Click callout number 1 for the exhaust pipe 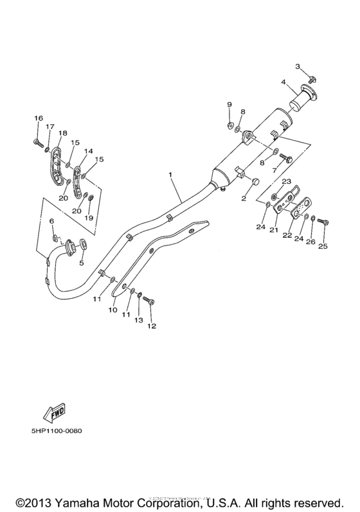(x=171, y=175)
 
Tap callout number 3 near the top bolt (x=298, y=67)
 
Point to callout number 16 (x=38, y=118)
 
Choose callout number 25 (x=323, y=246)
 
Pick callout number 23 (x=286, y=181)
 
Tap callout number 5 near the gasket (x=81, y=262)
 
